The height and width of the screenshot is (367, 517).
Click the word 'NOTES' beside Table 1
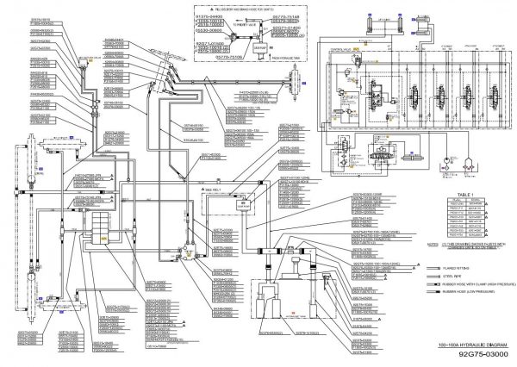(433, 244)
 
